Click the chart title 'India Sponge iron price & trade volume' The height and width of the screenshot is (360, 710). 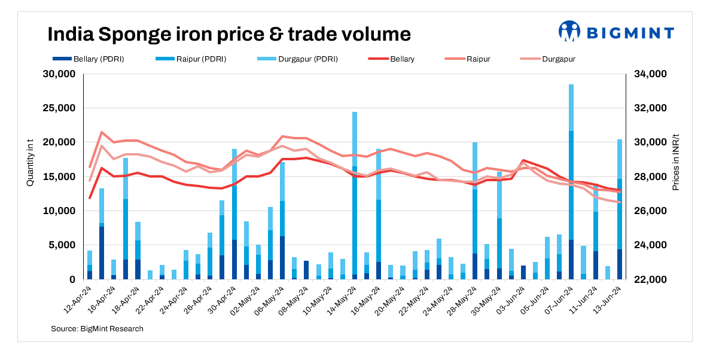[229, 34]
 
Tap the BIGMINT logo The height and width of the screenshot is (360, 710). [615, 32]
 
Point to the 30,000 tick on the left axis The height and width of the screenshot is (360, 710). [58, 74]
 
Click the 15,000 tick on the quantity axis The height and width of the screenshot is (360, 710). [58, 177]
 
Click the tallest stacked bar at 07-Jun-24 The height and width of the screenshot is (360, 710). [571, 182]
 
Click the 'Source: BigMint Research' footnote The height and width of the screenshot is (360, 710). [97, 329]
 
